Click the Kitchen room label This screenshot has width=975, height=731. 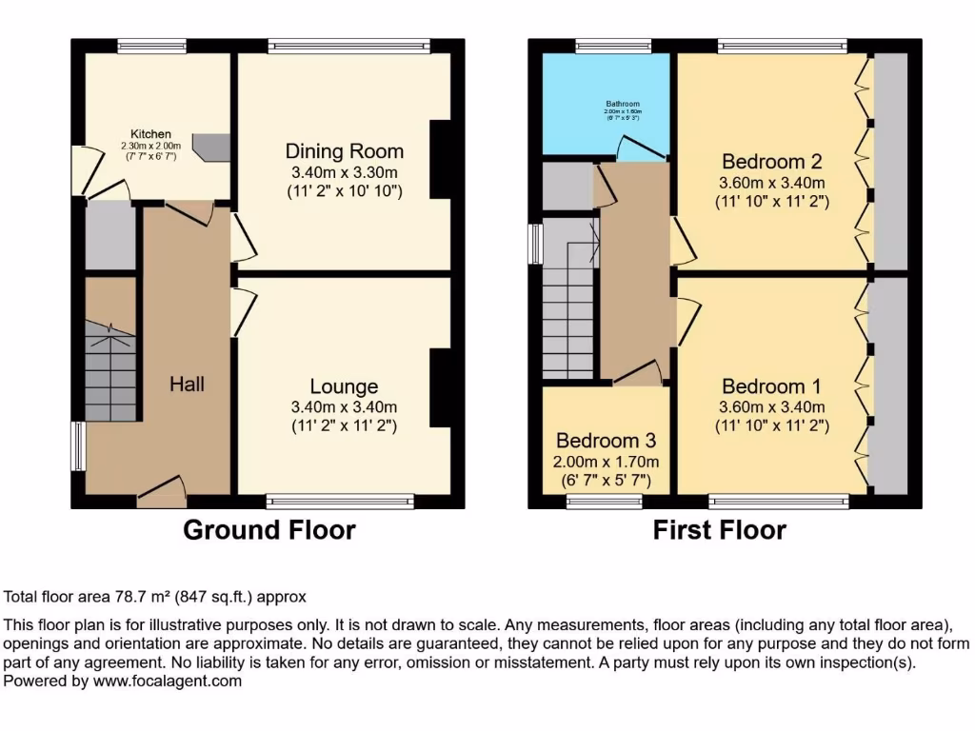(151, 134)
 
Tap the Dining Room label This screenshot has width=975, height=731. (344, 151)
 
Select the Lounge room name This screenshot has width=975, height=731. (344, 386)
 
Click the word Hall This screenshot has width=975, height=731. (187, 384)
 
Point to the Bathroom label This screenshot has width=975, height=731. (622, 104)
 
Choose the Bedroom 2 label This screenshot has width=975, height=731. (771, 161)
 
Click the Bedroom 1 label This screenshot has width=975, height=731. (771, 386)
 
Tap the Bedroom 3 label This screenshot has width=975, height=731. (606, 442)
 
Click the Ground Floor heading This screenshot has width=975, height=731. (269, 530)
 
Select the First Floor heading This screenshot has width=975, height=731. (719, 530)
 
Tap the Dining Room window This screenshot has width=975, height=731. (348, 46)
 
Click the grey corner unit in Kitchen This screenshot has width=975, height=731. (211, 145)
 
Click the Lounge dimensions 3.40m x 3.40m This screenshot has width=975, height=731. (344, 407)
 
